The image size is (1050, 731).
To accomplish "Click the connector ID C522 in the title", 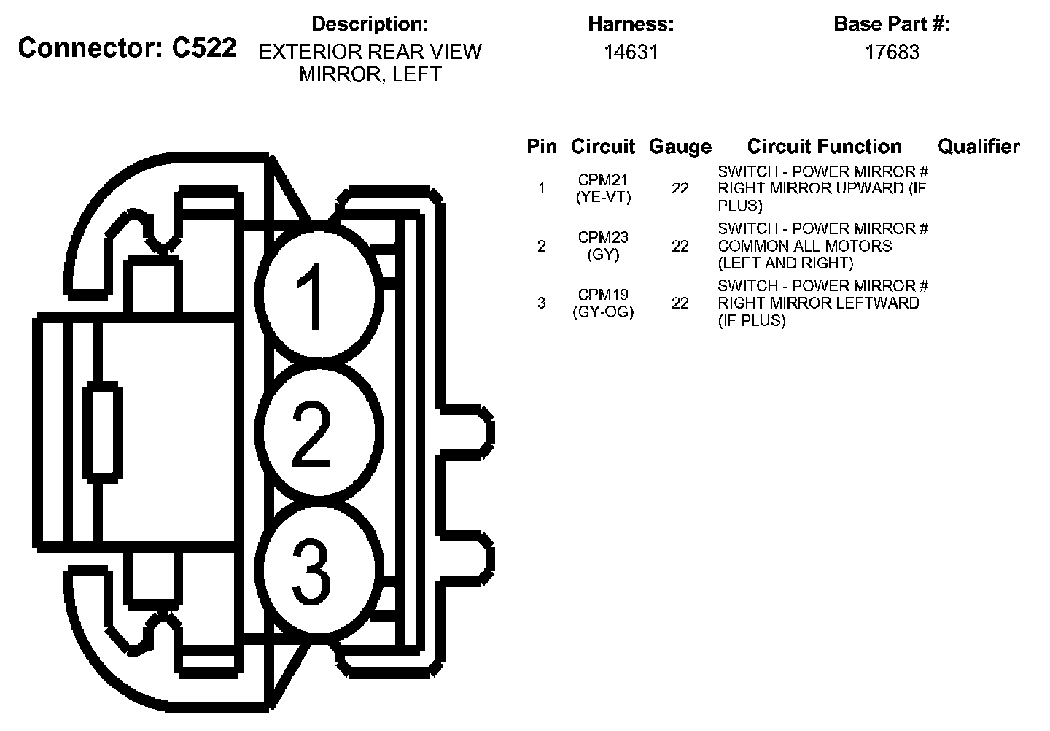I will [x=203, y=48].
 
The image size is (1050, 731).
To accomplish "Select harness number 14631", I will [x=631, y=52].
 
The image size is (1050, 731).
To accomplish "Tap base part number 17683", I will [x=892, y=52].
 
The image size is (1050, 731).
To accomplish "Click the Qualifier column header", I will [x=978, y=147].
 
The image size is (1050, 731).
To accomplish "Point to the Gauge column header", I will [x=680, y=147].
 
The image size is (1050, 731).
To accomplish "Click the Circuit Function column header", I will [x=824, y=147].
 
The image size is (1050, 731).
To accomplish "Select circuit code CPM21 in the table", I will [x=603, y=179].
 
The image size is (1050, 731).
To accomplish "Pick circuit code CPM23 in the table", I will [x=603, y=237].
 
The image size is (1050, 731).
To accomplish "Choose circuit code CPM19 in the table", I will [x=603, y=295].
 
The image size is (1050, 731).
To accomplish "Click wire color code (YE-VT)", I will [x=603, y=197].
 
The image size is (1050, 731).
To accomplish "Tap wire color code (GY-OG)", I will [x=603, y=312].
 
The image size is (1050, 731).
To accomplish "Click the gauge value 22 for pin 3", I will [x=680, y=303].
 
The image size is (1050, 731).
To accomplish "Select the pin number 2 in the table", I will [x=541, y=246].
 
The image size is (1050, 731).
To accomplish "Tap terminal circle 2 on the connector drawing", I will [x=318, y=434].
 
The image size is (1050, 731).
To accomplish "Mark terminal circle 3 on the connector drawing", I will [x=318, y=565].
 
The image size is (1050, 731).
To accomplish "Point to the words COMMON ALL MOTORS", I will [x=804, y=246].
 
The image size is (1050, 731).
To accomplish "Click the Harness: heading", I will [x=631, y=24].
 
